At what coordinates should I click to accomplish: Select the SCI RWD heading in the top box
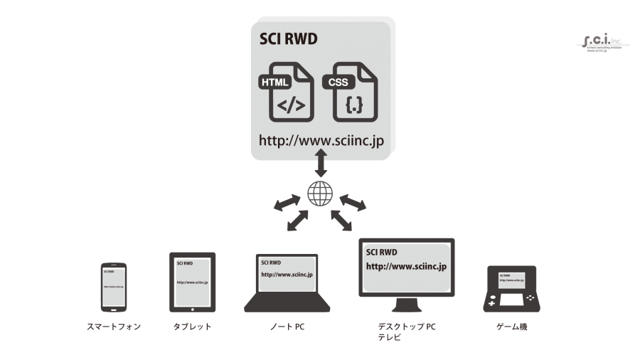(288, 38)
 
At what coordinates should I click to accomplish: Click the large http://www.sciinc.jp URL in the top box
(321, 140)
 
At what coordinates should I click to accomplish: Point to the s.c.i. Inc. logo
(603, 38)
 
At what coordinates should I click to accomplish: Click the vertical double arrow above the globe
(321, 164)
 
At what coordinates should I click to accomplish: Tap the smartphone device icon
(114, 287)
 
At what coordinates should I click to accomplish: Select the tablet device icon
(192, 282)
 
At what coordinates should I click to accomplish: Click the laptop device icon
(287, 283)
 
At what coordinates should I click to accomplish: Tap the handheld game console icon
(511, 289)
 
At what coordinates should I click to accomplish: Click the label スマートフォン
(114, 327)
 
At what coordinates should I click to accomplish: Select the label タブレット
(192, 327)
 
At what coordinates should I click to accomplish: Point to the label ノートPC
(287, 327)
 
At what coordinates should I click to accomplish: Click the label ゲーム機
(511, 327)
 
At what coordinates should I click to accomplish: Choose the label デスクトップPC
(407, 327)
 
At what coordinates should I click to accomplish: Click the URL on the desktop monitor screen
(405, 267)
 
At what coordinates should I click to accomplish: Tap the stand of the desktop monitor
(406, 306)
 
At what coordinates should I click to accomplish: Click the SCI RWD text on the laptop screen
(272, 261)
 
